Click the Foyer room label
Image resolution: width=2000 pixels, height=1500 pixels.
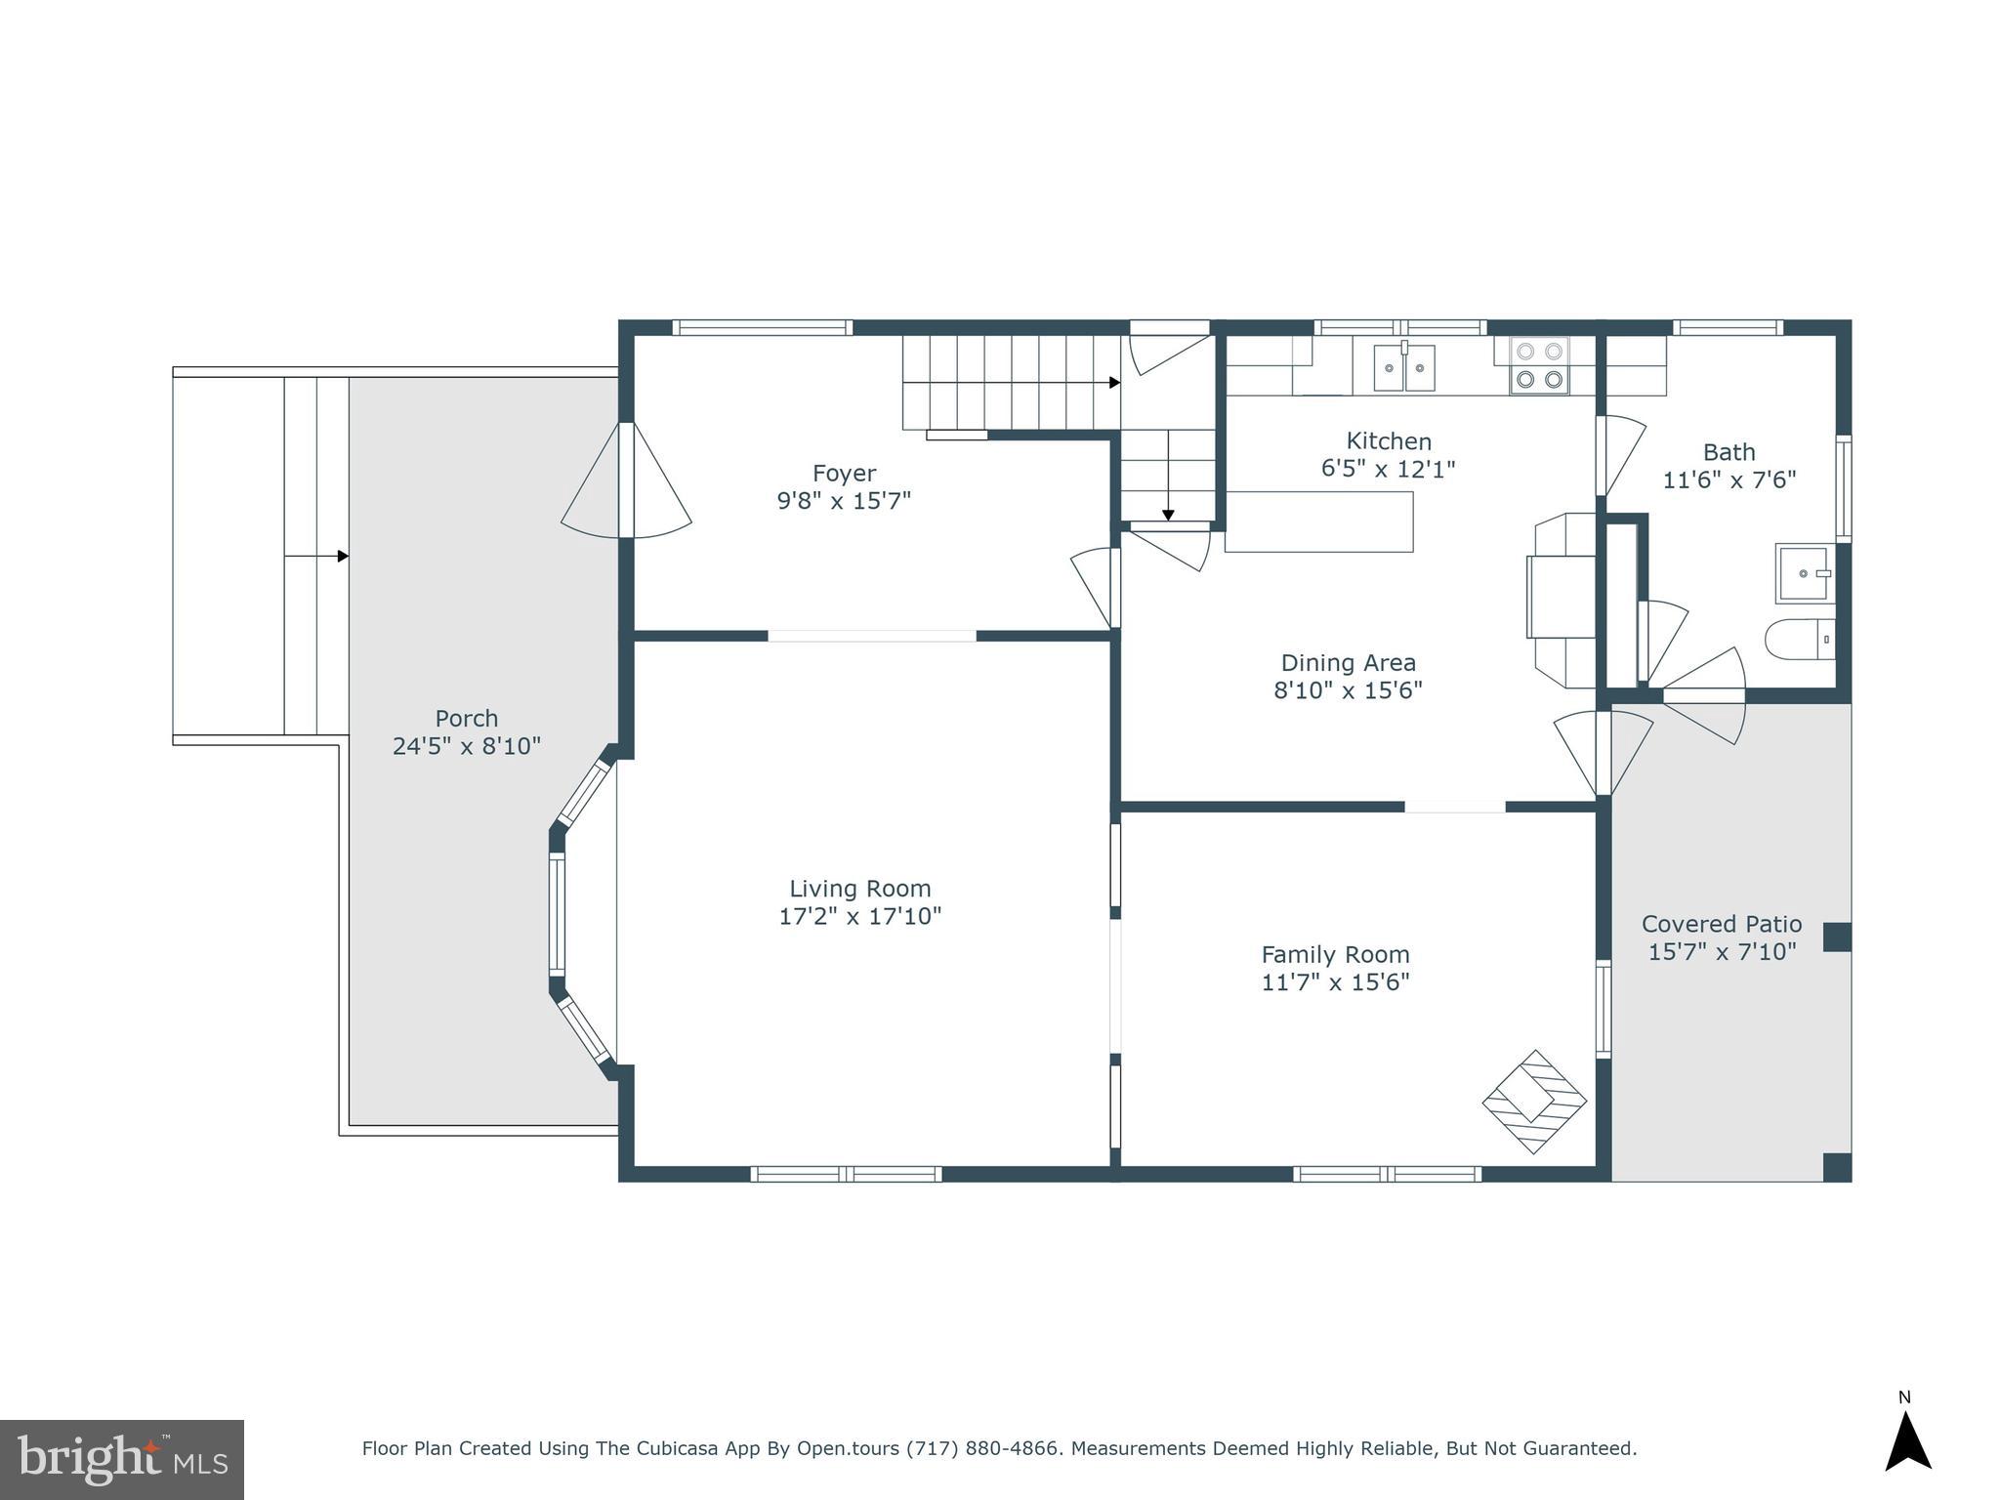(844, 474)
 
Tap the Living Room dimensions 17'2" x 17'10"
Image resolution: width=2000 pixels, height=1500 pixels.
(859, 916)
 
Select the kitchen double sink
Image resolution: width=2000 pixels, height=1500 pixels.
(1404, 368)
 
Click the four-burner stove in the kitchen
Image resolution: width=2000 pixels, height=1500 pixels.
(1539, 365)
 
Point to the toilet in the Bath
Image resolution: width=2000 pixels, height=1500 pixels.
(1799, 640)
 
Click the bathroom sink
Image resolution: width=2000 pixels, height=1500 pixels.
(1803, 574)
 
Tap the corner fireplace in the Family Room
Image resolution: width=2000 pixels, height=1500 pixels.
(1534, 1102)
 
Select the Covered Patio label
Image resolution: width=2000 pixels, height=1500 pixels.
(1722, 924)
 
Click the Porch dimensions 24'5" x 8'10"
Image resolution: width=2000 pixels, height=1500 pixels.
(467, 746)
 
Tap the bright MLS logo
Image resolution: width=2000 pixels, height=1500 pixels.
(122, 1459)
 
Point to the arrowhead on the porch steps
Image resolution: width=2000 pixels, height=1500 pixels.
(343, 557)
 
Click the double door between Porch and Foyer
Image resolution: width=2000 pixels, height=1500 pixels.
(627, 480)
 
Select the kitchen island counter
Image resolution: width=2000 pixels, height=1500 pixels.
(1318, 521)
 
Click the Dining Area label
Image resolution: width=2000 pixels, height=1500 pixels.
(1348, 663)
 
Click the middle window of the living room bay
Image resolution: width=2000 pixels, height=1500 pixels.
(557, 914)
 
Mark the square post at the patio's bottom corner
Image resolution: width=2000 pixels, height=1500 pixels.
(1837, 1167)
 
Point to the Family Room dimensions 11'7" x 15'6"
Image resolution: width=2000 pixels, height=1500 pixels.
(1335, 981)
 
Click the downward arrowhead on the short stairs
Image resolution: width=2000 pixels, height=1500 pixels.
(1168, 515)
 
